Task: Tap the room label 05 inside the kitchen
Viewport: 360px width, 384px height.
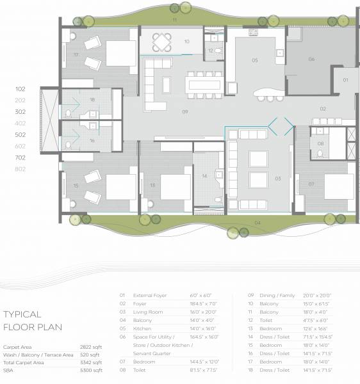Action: point(254,60)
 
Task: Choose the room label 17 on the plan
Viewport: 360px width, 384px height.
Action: point(76,55)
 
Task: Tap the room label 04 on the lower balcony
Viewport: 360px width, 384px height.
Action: point(257,223)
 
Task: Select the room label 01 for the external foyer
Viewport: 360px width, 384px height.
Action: point(345,80)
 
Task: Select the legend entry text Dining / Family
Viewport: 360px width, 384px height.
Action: point(278,296)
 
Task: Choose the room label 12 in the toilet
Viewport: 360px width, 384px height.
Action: point(211,51)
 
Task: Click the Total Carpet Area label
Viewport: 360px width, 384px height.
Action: point(24,362)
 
